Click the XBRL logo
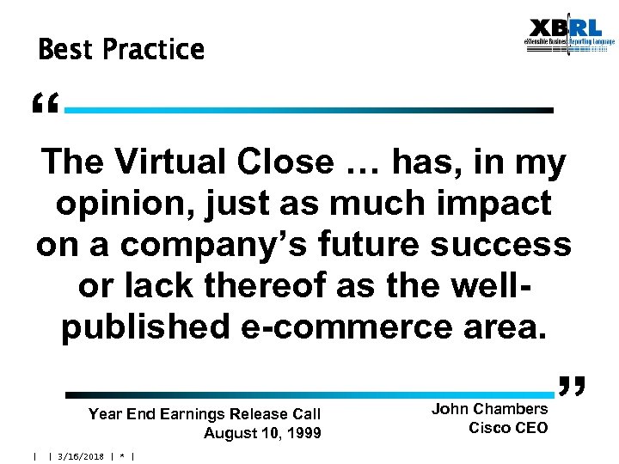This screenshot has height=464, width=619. tap(571, 35)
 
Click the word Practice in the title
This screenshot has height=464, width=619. tap(153, 50)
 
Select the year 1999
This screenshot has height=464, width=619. tap(302, 433)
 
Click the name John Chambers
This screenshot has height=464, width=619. tap(489, 409)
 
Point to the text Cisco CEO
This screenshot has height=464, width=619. tap(508, 428)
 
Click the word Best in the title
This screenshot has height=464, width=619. tap(65, 50)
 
